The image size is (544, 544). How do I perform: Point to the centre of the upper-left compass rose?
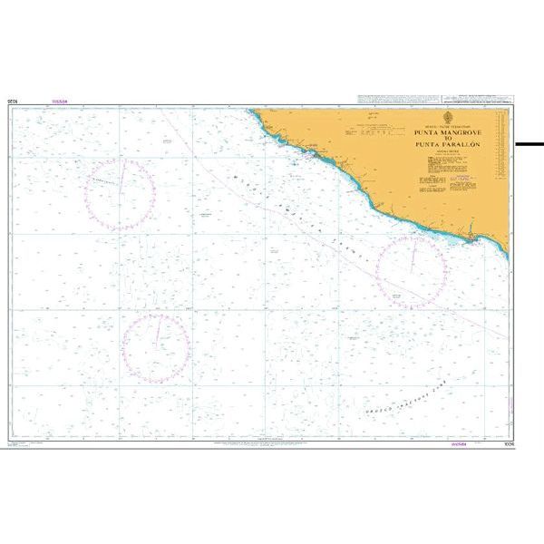121,193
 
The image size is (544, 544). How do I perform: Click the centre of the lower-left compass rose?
157,345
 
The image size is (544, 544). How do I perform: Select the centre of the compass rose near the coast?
412,269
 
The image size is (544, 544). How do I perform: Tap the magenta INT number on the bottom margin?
461,445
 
